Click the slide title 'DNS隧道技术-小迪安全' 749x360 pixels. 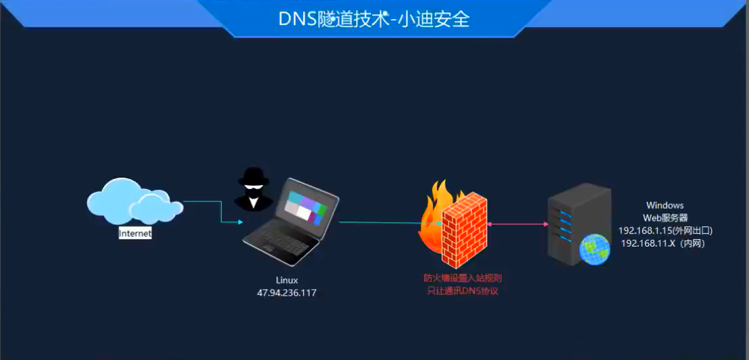click(374, 19)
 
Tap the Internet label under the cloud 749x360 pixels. click(135, 234)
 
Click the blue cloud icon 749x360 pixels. click(132, 201)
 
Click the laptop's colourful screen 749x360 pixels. click(305, 206)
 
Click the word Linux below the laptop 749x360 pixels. click(286, 280)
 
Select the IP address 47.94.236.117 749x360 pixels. click(286, 292)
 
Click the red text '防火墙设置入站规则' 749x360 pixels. click(463, 278)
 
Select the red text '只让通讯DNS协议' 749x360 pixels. click(463, 291)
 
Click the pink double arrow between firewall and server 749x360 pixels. click(517, 224)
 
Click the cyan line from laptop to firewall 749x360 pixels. click(385, 223)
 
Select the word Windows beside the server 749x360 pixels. click(665, 205)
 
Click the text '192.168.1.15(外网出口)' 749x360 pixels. click(665, 231)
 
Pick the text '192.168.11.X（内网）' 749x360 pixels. click(663, 243)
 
